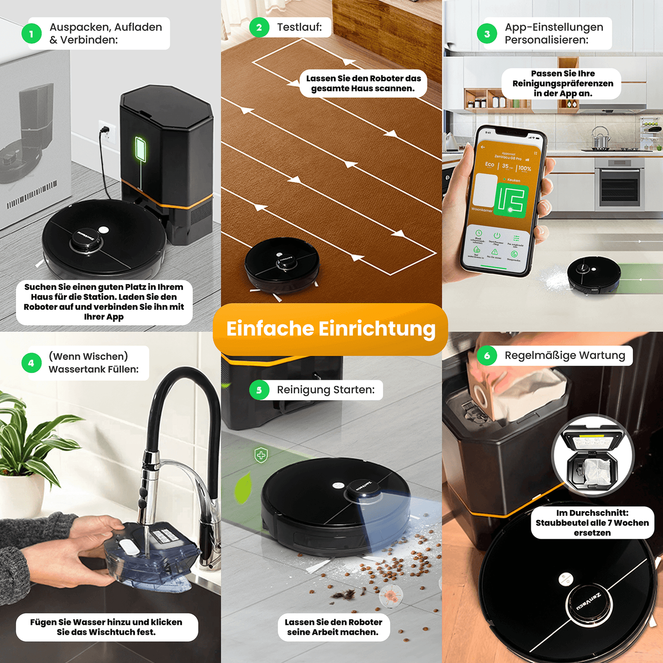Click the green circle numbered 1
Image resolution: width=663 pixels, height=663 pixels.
[31, 34]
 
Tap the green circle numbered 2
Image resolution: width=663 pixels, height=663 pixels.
[259, 28]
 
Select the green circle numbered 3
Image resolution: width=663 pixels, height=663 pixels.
[487, 34]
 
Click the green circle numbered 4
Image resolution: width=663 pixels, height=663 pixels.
[31, 363]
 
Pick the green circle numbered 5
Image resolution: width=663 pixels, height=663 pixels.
[259, 390]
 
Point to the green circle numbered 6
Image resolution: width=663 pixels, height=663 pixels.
[487, 356]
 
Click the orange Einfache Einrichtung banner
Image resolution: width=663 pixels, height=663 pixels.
[330, 329]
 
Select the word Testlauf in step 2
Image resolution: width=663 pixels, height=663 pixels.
[299, 28]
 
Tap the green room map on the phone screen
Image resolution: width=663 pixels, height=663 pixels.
[511, 201]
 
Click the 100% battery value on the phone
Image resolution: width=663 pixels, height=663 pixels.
[524, 168]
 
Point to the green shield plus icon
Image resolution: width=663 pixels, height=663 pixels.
[261, 455]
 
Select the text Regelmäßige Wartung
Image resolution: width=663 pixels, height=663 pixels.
[565, 356]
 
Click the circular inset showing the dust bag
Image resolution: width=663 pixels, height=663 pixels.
[592, 456]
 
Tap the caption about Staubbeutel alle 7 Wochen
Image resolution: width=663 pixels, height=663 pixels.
[592, 523]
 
